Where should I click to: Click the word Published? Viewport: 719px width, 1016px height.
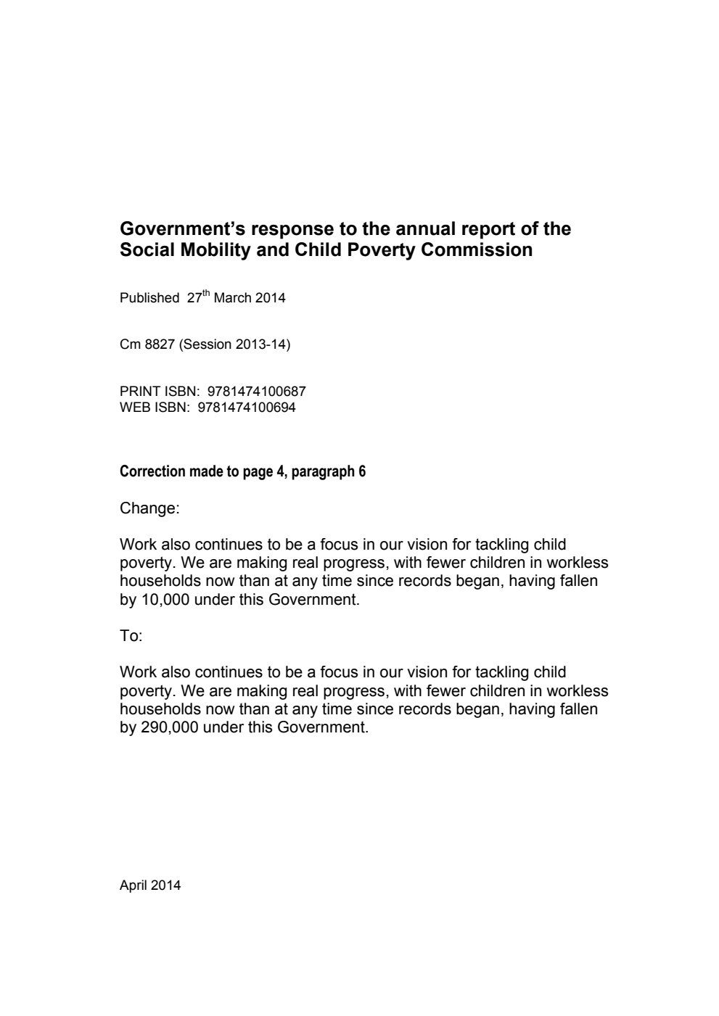(x=149, y=298)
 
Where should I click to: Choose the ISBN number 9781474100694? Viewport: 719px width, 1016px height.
(x=247, y=408)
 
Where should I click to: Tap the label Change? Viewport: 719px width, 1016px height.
(x=149, y=508)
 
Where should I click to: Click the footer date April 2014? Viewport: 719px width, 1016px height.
(x=150, y=885)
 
